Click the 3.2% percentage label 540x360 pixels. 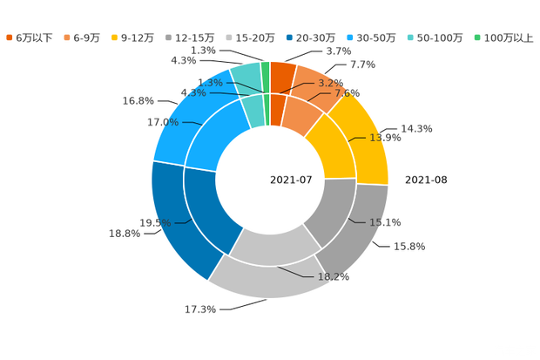[x=330, y=84]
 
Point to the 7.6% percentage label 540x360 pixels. [x=348, y=93]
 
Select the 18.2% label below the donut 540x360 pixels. [x=334, y=277]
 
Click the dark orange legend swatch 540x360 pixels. [x=9, y=37]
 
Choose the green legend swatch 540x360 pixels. [x=476, y=37]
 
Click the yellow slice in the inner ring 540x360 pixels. [x=332, y=145]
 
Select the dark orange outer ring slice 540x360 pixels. [x=281, y=76]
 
